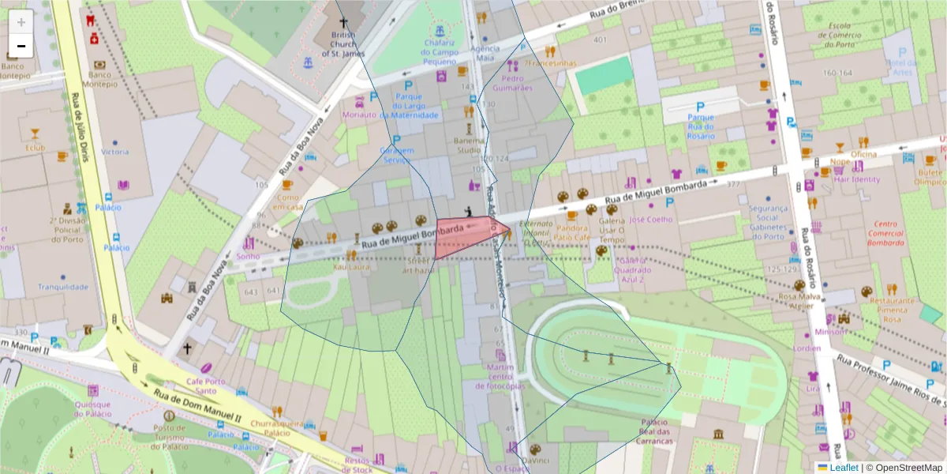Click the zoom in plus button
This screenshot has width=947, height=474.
21,21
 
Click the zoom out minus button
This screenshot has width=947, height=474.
21,46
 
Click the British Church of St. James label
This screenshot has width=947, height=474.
344,45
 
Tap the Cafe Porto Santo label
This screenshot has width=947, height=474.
206,386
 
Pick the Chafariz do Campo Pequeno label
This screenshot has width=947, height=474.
440,51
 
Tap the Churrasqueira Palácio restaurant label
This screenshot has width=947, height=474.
276,427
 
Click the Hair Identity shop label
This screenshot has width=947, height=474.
857,179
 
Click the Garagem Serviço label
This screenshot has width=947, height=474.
397,155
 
